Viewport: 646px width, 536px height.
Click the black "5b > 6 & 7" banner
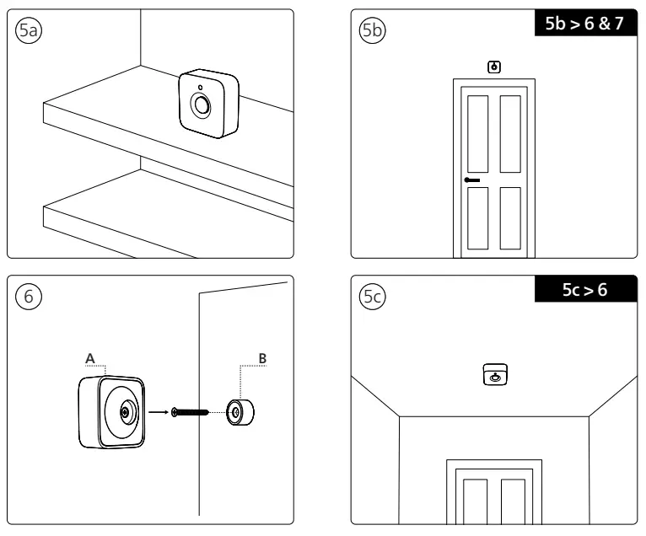(582, 24)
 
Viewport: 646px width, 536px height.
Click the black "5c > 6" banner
(582, 289)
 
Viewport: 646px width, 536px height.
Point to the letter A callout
(89, 357)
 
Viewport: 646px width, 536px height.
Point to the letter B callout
(262, 357)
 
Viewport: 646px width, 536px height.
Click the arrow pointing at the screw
(158, 413)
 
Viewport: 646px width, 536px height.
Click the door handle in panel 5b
(471, 180)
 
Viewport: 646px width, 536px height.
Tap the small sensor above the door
(493, 66)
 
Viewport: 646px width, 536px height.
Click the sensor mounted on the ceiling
(494, 375)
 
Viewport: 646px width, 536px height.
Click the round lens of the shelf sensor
(202, 105)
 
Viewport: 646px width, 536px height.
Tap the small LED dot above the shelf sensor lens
(200, 87)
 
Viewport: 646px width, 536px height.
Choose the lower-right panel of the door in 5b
(510, 217)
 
